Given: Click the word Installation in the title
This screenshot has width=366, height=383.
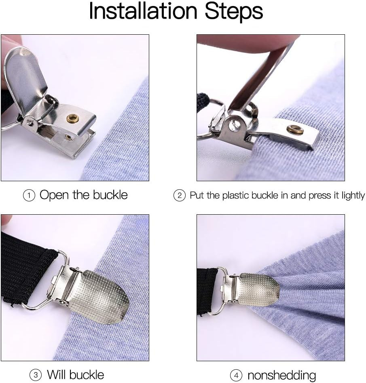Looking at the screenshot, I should pos(144,11).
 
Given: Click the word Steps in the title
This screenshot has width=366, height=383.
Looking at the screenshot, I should pos(234,12).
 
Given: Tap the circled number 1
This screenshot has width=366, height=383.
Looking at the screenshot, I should pos(29,196).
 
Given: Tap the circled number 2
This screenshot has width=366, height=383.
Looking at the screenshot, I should pos(179,196).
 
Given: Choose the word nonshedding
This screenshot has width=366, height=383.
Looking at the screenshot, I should pos(281,375).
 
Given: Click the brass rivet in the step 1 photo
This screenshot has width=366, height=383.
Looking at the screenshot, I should pos(73,118).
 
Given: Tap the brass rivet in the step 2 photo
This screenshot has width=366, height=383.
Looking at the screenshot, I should pos(295,130).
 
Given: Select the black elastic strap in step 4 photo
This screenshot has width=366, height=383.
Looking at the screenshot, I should pos(207,291).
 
